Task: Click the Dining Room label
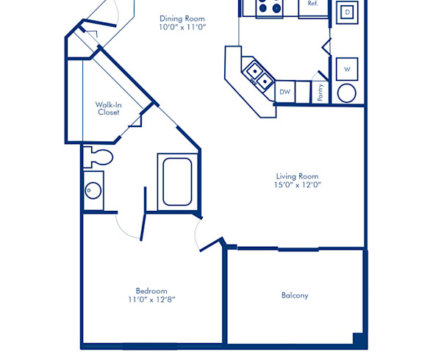(x=182, y=18)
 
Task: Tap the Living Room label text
(x=298, y=176)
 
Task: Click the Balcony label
(x=295, y=295)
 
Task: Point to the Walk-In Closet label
(x=108, y=108)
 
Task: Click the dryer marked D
(x=347, y=12)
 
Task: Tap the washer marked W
(x=347, y=70)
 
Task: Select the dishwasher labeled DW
(x=284, y=92)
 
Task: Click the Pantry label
(x=320, y=92)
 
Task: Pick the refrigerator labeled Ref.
(x=312, y=6)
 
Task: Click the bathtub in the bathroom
(x=177, y=181)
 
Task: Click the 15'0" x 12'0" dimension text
(x=298, y=184)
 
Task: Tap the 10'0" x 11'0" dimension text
(x=182, y=27)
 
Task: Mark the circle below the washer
(x=347, y=93)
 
